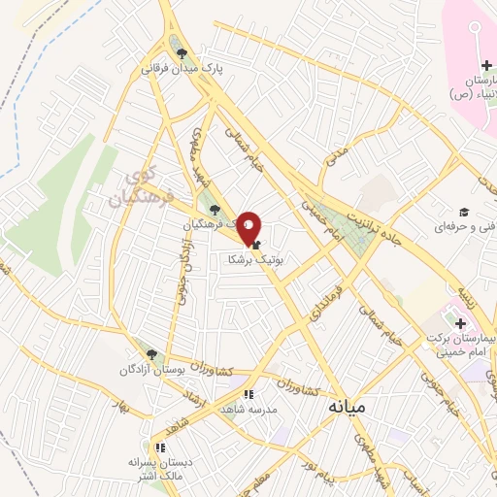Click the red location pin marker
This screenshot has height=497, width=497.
[249, 227]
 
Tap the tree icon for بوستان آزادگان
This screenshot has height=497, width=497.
[149, 355]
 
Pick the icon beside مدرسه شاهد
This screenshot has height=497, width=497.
[248, 394]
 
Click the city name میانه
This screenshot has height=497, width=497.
[346, 406]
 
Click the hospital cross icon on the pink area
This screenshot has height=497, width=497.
[484, 64]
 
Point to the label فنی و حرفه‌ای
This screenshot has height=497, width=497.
[466, 226]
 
